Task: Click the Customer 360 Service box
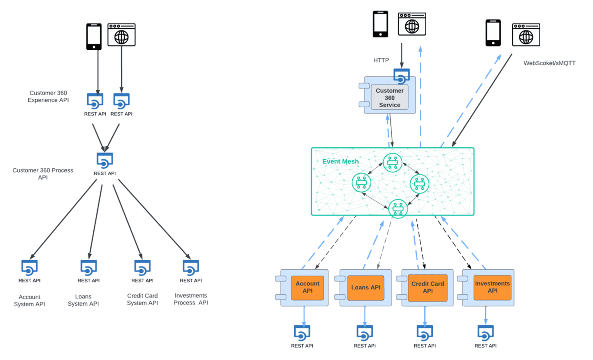tap(390, 98)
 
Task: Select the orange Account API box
tap(307, 287)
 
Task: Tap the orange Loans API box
tap(366, 287)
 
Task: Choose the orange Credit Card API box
tap(427, 287)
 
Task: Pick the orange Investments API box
tap(492, 287)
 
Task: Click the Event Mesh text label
tap(340, 161)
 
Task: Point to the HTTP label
tap(381, 60)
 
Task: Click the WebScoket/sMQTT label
tap(549, 63)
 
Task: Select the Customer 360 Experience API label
tap(48, 96)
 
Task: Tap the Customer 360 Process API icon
tap(105, 160)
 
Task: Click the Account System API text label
tap(29, 301)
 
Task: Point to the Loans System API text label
tap(83, 300)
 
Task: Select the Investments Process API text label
tap(191, 299)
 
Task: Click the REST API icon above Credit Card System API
tap(142, 267)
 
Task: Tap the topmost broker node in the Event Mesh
tap(393, 162)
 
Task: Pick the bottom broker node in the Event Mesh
tap(398, 208)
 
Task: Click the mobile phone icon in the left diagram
tap(94, 37)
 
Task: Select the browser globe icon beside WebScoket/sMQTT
tap(526, 35)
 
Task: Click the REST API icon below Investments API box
tap(485, 333)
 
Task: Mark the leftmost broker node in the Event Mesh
tap(361, 183)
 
